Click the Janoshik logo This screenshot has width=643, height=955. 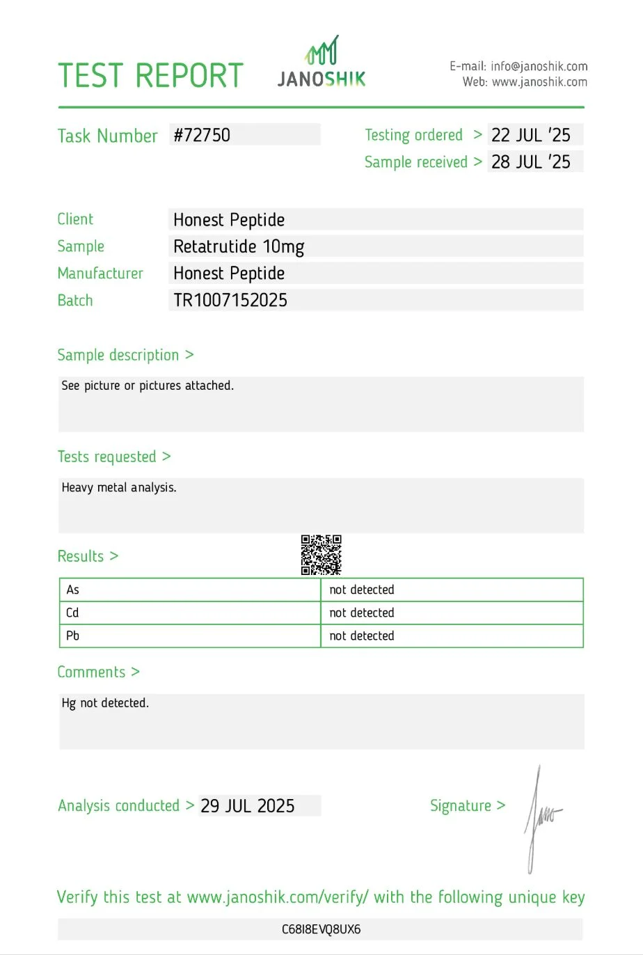pos(321,63)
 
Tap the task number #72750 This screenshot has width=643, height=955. pos(202,135)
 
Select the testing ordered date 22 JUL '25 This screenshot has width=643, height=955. pos(530,135)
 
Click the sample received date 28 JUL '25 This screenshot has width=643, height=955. pos(530,162)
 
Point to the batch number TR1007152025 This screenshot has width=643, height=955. pos(230,301)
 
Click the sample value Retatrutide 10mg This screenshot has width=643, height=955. pos(239,247)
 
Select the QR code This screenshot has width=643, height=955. pos(321,555)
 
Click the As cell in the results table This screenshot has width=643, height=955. pos(73,590)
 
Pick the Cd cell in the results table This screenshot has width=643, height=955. pos(73,613)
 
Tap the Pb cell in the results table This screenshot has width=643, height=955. pos(73,636)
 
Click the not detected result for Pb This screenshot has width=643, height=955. pos(362,636)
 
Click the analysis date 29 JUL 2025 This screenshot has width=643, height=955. pos(248,806)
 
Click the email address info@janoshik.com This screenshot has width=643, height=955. pos(539,67)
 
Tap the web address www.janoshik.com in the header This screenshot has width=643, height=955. pos(539,82)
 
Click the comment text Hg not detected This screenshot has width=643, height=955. pos(105,704)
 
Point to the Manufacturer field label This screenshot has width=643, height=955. pos(100,274)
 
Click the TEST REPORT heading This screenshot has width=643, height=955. pos(150,76)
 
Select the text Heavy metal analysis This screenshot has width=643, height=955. pos(119,488)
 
